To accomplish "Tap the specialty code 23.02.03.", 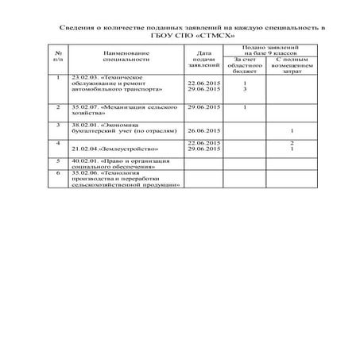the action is coord(84,76).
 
